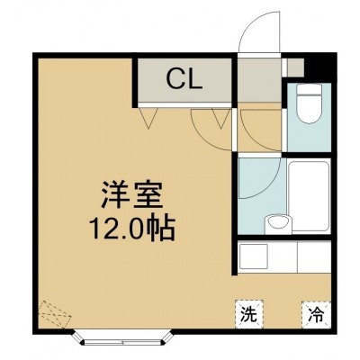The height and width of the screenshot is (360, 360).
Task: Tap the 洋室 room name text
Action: pos(132,194)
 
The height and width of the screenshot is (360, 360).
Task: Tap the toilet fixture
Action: pos(309,103)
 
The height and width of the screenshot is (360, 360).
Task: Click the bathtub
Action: pos(310,196)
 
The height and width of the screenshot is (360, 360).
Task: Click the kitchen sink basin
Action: pos(254,256)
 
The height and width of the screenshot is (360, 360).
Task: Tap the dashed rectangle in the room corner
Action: pos(55,314)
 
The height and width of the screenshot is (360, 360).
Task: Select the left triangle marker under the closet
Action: pos(148,118)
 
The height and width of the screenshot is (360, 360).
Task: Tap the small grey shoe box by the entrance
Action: pos(295,67)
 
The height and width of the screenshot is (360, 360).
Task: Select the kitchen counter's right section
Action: pos(314,256)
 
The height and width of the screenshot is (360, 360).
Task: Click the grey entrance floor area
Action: pos(259,79)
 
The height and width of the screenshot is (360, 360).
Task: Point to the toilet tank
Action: pos(309,89)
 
